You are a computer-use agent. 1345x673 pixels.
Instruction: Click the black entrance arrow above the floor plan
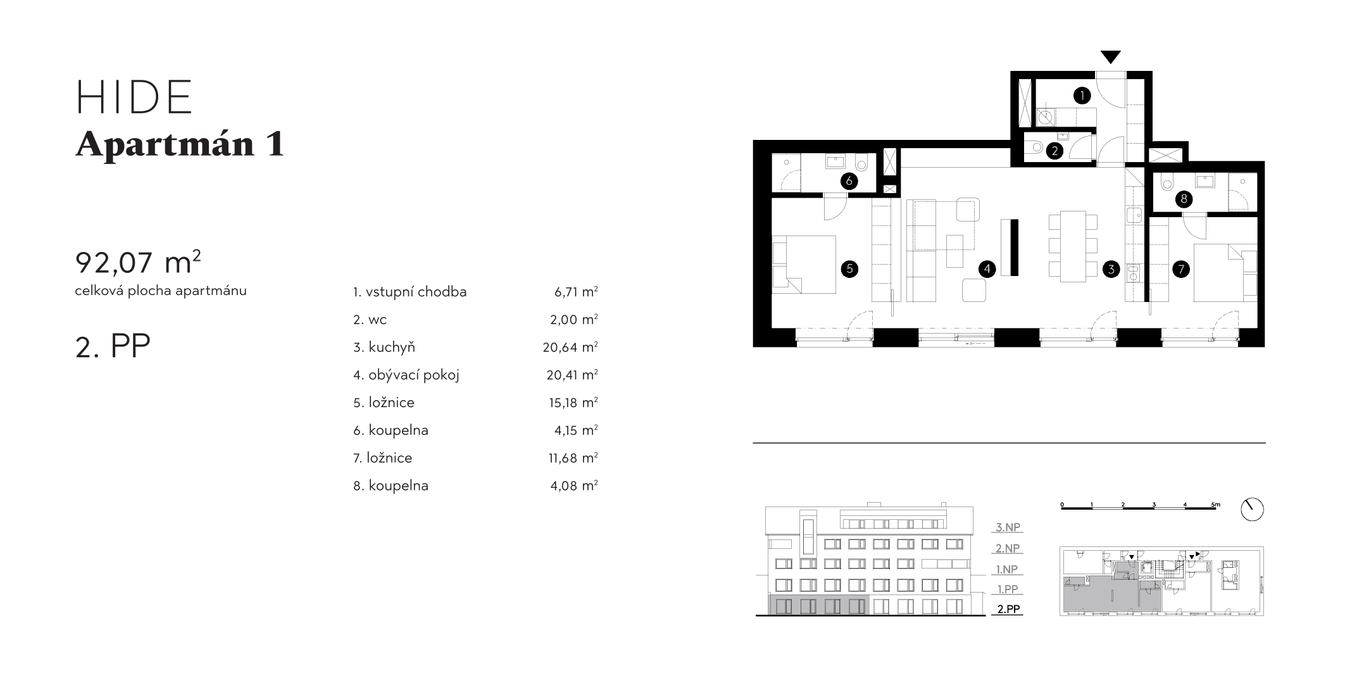pos(1110,57)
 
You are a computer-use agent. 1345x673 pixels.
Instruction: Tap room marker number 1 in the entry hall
pos(1082,96)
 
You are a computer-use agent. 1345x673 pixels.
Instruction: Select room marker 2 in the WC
pos(1054,151)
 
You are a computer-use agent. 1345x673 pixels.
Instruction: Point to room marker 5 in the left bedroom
pos(849,268)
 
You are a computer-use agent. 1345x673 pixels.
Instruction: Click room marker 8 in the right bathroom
pos(1183,199)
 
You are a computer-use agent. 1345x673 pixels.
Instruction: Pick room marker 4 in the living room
pos(987,269)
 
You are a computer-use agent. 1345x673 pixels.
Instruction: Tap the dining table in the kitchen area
pos(1073,246)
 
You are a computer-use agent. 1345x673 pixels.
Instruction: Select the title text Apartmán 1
pos(180,144)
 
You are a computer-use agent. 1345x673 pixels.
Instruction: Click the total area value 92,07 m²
pos(138,261)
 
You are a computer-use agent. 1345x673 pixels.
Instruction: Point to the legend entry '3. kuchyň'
pos(384,347)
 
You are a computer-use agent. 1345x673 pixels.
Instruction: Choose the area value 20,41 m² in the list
pos(572,375)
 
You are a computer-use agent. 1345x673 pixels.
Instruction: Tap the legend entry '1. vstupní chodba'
pos(410,292)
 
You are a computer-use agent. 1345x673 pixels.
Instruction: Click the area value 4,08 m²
pos(574,486)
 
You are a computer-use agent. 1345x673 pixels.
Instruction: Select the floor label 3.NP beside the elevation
pos(1008,527)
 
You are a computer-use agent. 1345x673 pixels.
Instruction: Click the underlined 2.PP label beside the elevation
pos(1008,609)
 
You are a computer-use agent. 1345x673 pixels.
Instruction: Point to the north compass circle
pos(1252,510)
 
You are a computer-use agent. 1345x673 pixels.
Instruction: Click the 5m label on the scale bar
pos(1215,505)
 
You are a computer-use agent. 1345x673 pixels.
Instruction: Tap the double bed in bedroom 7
pos(1225,273)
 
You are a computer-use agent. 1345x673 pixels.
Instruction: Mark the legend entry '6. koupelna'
pos(391,431)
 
